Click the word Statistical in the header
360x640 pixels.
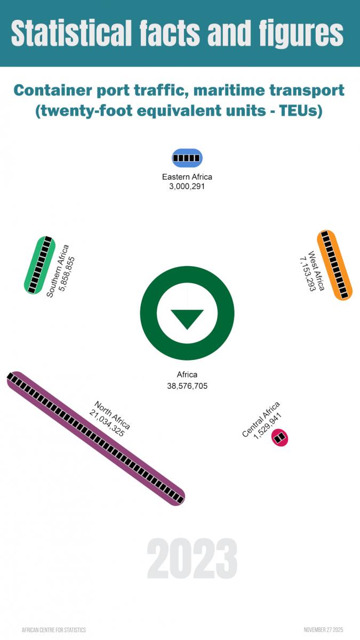point(70,34)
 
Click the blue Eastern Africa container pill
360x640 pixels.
point(187,158)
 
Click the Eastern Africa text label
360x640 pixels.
point(187,177)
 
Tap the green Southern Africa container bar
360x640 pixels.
point(40,265)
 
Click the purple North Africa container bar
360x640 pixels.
point(96,438)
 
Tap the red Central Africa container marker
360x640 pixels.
point(279,438)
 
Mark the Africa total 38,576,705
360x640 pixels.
point(187,386)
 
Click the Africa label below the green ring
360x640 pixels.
point(187,375)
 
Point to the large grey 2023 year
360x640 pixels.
point(192,558)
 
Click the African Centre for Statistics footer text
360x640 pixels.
point(54,630)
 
